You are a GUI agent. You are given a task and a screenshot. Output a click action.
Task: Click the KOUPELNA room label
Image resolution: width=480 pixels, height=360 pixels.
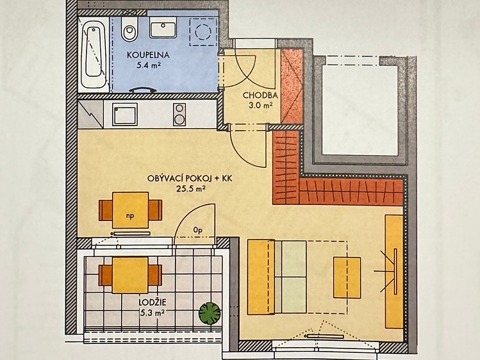point(148,55)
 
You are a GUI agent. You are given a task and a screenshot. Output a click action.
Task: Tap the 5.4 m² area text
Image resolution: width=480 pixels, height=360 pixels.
point(149,65)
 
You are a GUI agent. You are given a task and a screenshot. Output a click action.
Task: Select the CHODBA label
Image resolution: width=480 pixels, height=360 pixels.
point(260,95)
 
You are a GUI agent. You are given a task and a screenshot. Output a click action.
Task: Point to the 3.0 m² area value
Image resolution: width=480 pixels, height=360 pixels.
point(261,106)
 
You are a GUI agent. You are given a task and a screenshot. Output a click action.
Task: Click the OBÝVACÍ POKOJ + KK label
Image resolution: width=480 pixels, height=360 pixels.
point(190,178)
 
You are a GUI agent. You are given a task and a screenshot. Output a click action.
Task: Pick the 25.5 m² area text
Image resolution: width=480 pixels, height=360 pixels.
point(190,189)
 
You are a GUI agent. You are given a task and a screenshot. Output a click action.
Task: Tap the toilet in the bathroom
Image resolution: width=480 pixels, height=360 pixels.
point(130,28)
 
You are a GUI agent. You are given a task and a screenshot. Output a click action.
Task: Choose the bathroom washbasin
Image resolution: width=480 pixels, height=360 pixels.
point(163,27)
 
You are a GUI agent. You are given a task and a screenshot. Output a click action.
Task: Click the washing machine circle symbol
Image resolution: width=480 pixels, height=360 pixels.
point(203,31)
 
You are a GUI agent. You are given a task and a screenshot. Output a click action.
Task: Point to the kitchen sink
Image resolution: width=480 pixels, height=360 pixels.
point(124,114)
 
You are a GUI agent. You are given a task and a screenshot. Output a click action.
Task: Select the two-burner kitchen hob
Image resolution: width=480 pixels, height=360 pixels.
point(179,115)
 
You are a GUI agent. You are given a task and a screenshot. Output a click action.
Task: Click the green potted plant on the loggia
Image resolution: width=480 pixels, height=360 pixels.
point(210,313)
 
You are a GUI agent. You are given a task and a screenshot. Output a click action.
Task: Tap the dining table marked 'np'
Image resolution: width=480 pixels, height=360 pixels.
point(130,210)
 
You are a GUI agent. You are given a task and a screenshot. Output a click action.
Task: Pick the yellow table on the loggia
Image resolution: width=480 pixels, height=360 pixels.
point(130,275)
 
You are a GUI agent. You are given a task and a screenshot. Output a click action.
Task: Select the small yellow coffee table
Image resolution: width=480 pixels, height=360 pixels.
point(347,277)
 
